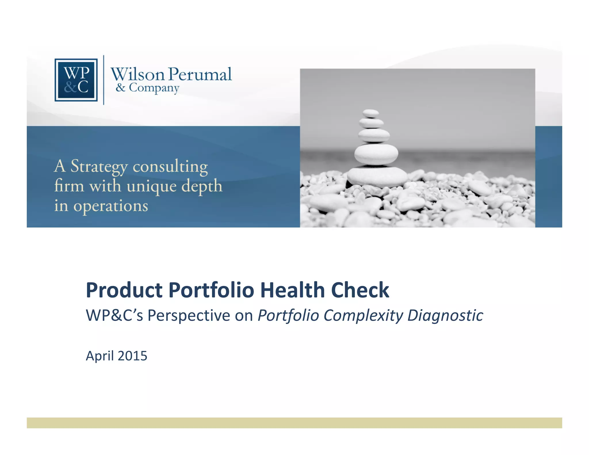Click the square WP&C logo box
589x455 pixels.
click(76, 80)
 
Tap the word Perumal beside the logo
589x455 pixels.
click(200, 74)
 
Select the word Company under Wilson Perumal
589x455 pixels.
click(154, 88)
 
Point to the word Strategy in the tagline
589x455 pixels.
click(99, 167)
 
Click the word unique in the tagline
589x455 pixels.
click(152, 186)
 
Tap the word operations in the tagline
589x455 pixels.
click(111, 206)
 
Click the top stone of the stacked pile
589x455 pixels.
click(370, 113)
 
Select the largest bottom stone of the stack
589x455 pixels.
click(377, 176)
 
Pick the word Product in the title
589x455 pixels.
click(124, 290)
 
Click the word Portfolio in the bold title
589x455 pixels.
click(211, 290)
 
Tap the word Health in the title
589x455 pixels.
click(292, 290)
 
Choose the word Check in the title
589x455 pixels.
click(360, 290)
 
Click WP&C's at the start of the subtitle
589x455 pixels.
click(114, 315)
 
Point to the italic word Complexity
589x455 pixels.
click(363, 316)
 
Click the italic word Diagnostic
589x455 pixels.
click(445, 316)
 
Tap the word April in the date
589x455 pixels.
click(100, 356)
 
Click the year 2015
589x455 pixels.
click(133, 356)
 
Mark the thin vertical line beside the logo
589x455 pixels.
click(104, 80)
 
